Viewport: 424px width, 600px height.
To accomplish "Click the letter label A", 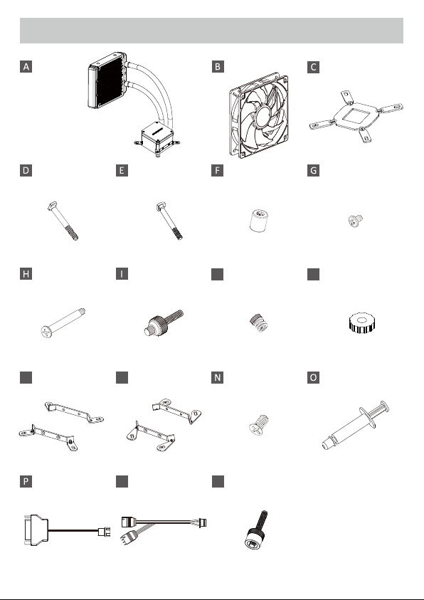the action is [26, 66].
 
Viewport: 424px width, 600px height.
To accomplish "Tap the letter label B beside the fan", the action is [218, 66].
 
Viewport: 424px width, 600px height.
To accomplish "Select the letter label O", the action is [313, 377].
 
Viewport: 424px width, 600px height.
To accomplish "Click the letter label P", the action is [26, 481].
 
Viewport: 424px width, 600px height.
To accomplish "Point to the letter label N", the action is [217, 377].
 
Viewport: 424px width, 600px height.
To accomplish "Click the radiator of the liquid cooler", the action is [107, 80].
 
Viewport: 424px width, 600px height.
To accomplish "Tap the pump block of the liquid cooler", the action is [157, 138].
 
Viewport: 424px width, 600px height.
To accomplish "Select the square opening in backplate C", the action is [357, 115].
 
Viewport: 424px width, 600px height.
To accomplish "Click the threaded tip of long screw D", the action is [73, 233].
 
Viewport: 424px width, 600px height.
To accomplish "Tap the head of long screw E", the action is [160, 207].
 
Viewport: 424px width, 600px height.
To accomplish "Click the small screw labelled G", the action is [356, 221].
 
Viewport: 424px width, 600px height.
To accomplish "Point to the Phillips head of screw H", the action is [47, 332].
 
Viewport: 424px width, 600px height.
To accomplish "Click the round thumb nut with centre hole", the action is [361, 322].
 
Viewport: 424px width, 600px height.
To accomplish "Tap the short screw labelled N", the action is [259, 424].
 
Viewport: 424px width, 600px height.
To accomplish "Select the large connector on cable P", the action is [36, 530].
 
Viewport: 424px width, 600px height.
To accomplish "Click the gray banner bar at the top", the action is [211, 30].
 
